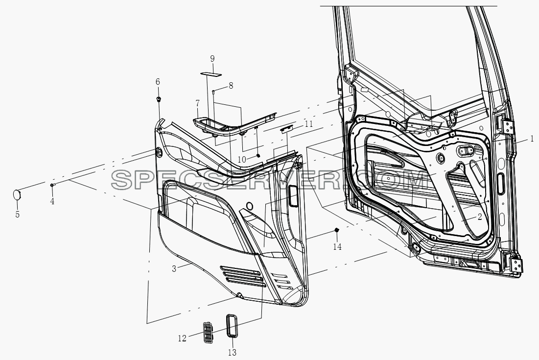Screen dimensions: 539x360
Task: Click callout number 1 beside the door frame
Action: pos(532,139)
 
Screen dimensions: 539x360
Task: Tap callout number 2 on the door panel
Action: pos(480,217)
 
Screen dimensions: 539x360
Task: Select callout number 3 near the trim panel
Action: pos(174,269)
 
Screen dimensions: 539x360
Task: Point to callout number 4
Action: pos(52,201)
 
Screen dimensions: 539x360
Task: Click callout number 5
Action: pos(18,215)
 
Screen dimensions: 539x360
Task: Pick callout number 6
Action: pos(158,82)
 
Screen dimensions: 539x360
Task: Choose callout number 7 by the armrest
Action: pos(197,103)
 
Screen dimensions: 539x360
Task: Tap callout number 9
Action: pos(212,58)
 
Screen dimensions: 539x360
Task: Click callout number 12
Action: pos(182,338)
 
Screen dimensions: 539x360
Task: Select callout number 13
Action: pos(233,353)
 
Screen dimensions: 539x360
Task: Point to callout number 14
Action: pos(337,246)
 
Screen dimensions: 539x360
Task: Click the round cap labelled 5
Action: pos(17,194)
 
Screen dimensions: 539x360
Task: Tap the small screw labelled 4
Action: pos(52,185)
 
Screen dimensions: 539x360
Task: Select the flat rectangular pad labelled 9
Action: pos(211,73)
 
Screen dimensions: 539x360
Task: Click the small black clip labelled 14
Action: pos(337,230)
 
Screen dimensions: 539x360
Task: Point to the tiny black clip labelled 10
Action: pos(258,156)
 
